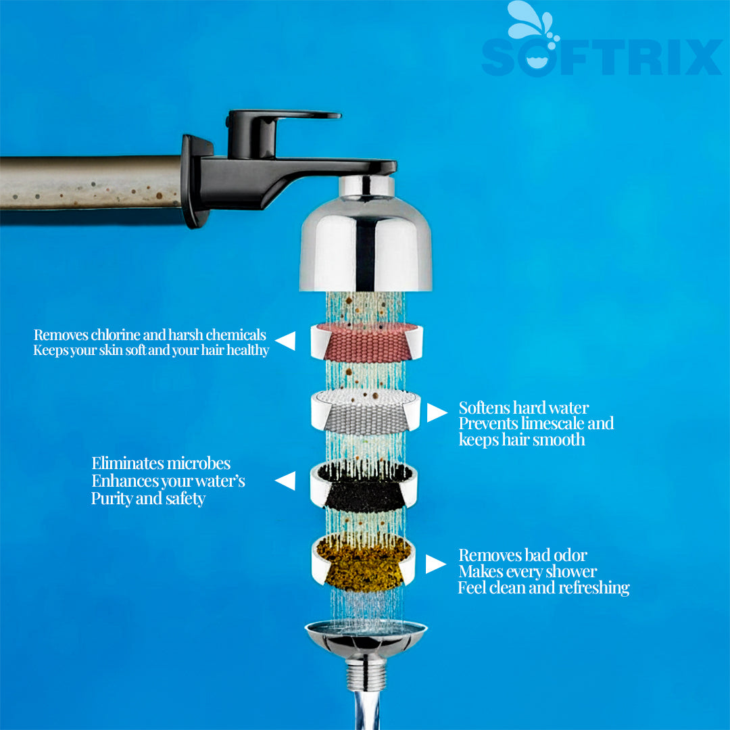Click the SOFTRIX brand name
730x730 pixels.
tap(602, 57)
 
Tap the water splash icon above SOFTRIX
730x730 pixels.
tap(531, 23)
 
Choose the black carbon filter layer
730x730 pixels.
tap(365, 485)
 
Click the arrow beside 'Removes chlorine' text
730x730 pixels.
tap(285, 341)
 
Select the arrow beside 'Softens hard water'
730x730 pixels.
tap(437, 412)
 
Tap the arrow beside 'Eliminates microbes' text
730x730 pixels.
tap(285, 481)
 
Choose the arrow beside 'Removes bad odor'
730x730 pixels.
tap(436, 564)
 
